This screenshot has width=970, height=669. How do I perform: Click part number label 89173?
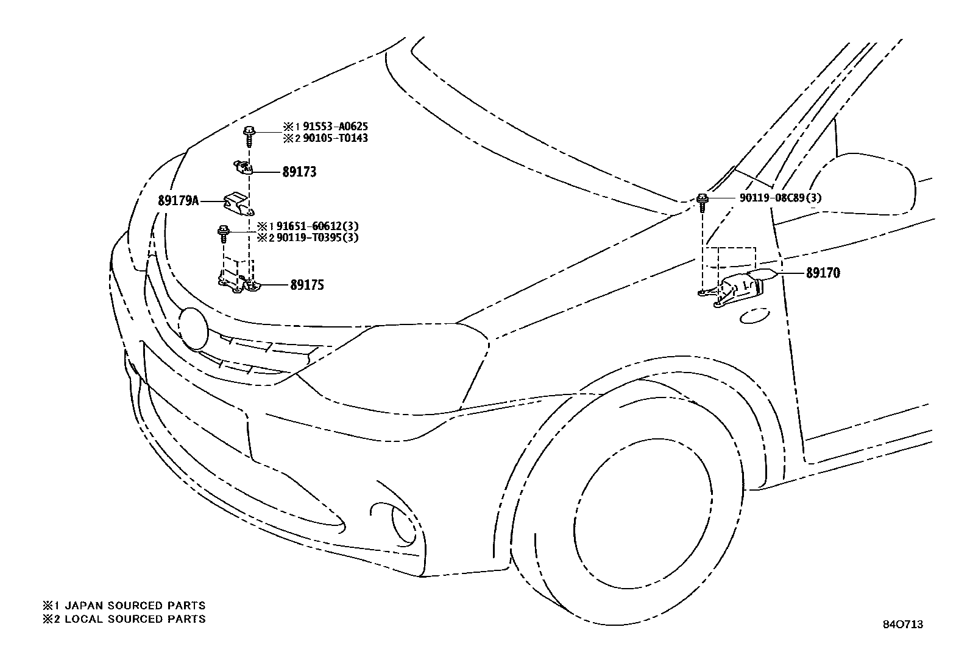tap(299, 172)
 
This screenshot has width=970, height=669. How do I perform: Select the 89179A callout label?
tap(179, 200)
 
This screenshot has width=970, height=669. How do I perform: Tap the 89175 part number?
tap(307, 285)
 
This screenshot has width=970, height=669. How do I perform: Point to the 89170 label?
tap(823, 273)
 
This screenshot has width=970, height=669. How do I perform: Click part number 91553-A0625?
tap(335, 127)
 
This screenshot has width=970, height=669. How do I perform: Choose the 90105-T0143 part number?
tap(335, 138)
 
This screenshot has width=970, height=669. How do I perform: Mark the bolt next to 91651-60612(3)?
tap(224, 233)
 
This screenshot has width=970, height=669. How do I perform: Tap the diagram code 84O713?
tap(904, 625)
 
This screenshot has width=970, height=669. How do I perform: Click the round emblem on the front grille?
tap(194, 328)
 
